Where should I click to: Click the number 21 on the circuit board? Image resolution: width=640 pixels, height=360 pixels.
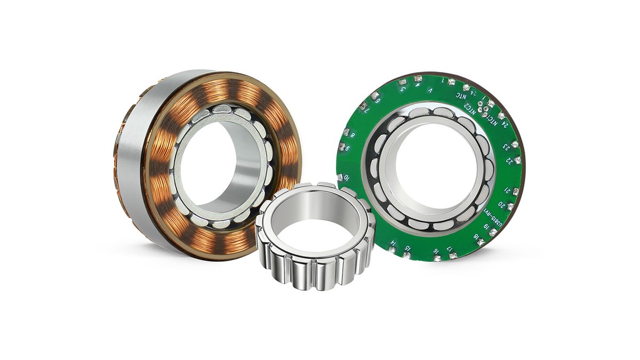point(508,190)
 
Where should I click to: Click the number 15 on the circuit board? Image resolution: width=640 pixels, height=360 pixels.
point(408,249)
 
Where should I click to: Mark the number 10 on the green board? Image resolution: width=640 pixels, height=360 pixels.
point(347,177)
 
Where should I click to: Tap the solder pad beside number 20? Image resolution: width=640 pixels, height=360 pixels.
point(511,206)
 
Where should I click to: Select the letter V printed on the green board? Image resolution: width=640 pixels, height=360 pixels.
point(430,91)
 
